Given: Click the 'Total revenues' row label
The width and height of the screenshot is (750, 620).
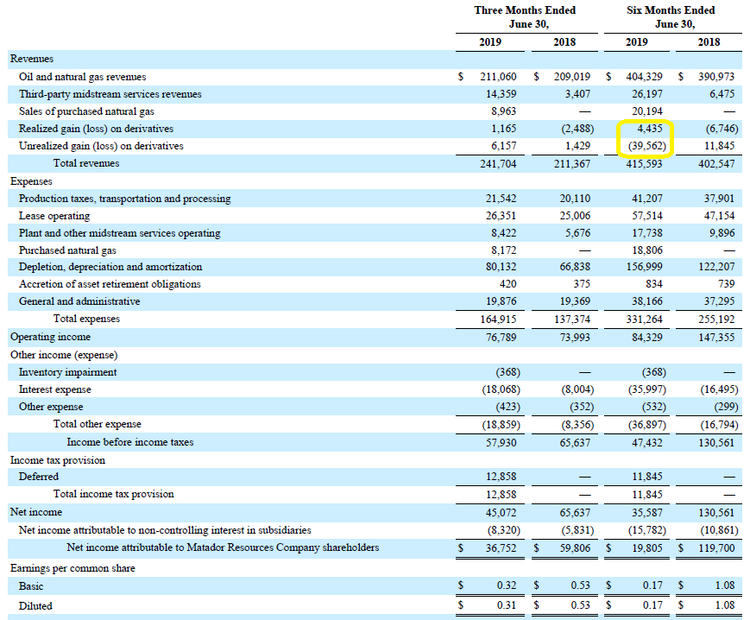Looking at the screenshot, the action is click(x=86, y=163).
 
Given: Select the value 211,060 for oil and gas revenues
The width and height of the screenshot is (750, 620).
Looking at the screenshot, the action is click(x=498, y=77).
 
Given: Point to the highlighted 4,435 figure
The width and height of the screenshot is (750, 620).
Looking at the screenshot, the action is click(x=650, y=129).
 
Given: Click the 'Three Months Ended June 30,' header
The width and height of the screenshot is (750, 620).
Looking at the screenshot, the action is click(x=526, y=16).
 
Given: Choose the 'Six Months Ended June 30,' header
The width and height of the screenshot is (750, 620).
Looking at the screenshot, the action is click(x=671, y=16).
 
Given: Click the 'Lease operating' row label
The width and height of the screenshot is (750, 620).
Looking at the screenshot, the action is click(x=54, y=216).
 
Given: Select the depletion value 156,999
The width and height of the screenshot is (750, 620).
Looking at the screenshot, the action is click(x=645, y=267).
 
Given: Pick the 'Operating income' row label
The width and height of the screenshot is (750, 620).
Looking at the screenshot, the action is click(x=50, y=337).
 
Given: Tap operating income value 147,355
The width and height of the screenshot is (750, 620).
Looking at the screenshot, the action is click(x=716, y=338).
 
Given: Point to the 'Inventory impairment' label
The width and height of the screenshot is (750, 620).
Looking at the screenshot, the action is click(x=67, y=372).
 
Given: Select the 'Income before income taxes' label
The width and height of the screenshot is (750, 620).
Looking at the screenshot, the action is click(x=130, y=442).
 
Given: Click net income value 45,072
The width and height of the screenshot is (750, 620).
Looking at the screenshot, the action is click(x=501, y=513).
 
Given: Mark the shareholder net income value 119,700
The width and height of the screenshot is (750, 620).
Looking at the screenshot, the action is click(x=716, y=547).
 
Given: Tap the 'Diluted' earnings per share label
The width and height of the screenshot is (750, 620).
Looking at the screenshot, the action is click(x=35, y=605).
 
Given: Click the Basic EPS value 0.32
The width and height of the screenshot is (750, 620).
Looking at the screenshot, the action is click(x=507, y=585).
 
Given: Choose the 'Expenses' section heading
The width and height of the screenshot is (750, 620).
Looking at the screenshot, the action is click(x=31, y=181).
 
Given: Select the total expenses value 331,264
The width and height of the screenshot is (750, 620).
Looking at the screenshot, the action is click(x=645, y=319).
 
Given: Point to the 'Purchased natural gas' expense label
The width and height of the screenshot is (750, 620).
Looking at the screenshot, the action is click(x=67, y=250).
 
